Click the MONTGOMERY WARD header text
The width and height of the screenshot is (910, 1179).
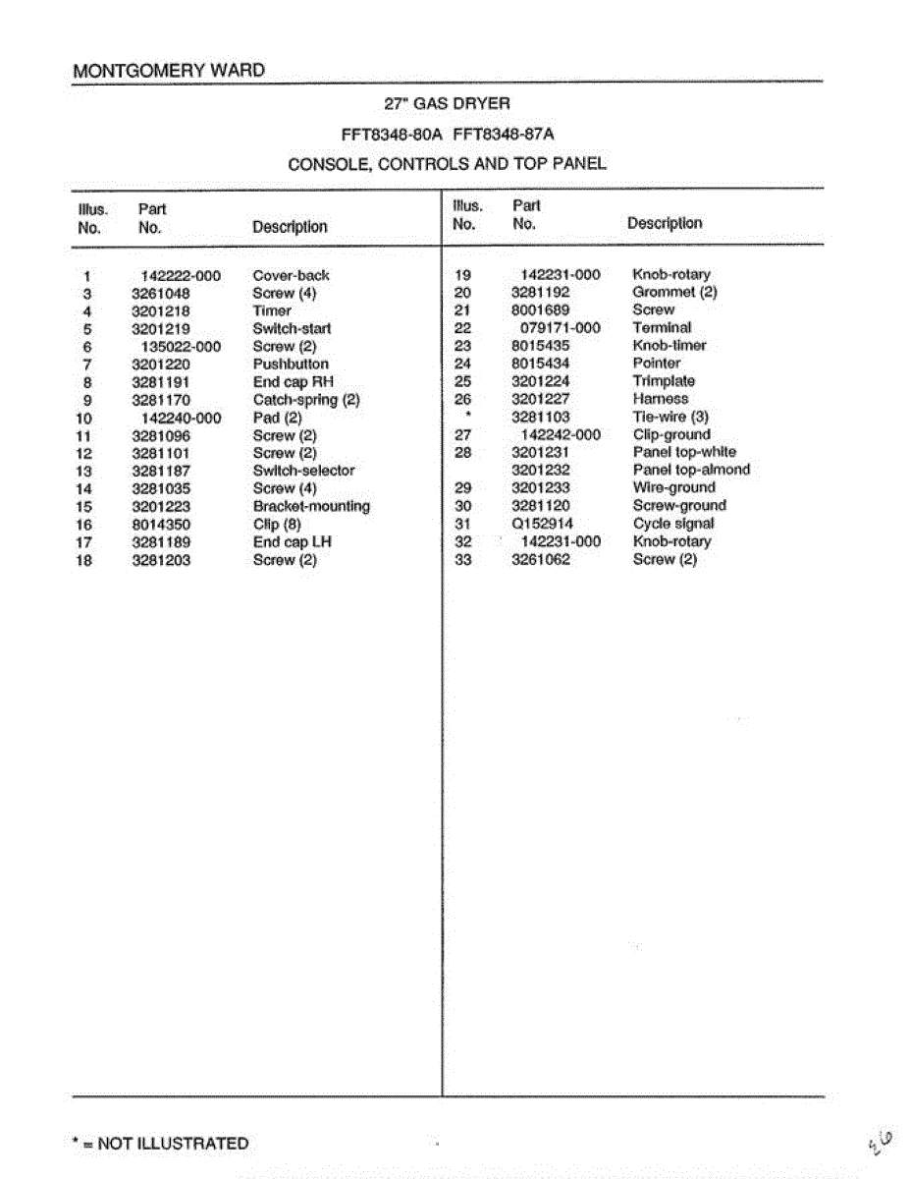[168, 71]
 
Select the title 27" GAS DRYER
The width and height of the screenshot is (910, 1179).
[447, 103]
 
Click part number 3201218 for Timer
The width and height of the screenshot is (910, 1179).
[161, 311]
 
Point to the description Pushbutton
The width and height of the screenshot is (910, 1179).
[291, 365]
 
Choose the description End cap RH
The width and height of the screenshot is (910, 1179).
[294, 382]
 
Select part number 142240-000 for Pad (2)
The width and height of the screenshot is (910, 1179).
[182, 418]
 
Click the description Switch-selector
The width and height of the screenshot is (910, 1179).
[303, 471]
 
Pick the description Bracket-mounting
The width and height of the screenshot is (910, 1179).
[311, 506]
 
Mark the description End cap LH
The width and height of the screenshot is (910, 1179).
[293, 542]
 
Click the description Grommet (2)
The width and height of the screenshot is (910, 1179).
[674, 293]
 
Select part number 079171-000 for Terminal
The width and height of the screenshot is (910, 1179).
[560, 328]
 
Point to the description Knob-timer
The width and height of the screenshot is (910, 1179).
[669, 346]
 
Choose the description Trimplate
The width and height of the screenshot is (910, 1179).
[664, 381]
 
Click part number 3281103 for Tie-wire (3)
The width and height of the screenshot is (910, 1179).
[540, 417]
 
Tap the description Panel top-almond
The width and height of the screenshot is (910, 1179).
[691, 470]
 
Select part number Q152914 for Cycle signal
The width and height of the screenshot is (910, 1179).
[542, 524]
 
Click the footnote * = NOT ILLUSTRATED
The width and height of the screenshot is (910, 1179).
[161, 1144]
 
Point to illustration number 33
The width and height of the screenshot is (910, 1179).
[463, 560]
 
